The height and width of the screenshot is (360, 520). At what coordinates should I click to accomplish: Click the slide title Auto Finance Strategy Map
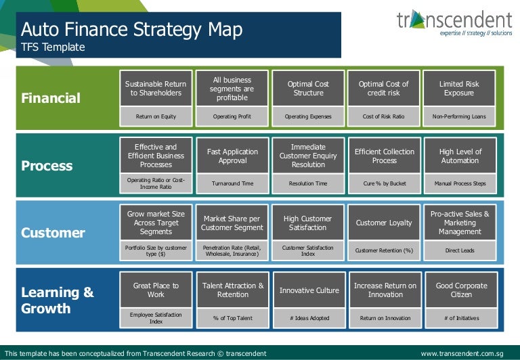pos(131,30)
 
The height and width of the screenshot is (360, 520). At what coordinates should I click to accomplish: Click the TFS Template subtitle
pos(53,47)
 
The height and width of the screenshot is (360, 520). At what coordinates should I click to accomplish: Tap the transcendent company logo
pos(454,23)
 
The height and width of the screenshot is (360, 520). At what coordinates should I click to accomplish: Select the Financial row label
pos(51,98)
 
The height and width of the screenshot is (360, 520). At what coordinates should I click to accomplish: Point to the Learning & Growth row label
pos(57,300)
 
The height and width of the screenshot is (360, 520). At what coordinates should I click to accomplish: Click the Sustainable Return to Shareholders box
pos(156,89)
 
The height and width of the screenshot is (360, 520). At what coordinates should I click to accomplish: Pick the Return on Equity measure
pos(156,116)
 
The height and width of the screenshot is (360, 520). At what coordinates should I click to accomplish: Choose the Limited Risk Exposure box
pos(458,89)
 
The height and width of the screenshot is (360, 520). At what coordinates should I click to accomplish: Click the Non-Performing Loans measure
pos(458,116)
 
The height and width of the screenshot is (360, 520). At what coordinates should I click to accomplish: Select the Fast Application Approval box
pos(232,156)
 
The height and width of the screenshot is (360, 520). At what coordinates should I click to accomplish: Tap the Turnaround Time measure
pos(232,183)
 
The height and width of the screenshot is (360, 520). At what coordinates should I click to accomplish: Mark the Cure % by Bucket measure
pos(384,183)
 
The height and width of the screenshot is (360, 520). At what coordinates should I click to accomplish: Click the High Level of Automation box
pos(460,156)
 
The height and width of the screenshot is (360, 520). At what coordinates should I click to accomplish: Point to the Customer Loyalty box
pos(384,223)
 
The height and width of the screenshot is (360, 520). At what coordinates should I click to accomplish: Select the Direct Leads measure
pos(460,250)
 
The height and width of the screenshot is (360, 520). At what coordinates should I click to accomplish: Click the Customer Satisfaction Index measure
pos(308,250)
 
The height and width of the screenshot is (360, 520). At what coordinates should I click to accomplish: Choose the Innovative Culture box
pos(309,290)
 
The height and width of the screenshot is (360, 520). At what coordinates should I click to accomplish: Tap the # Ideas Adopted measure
pos(309,317)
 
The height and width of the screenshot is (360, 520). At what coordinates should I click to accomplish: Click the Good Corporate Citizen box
pos(461,290)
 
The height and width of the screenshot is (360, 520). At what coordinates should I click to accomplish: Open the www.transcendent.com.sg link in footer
pos(462,353)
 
